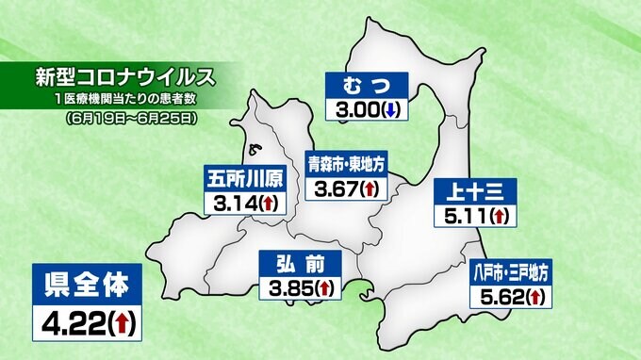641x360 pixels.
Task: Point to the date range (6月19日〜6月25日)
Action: click(x=132, y=120)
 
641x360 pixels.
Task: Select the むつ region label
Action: click(x=367, y=86)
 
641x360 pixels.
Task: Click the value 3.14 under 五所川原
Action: click(x=234, y=203)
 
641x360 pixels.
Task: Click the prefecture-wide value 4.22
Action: click(x=69, y=323)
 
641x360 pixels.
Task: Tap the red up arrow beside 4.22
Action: click(x=121, y=323)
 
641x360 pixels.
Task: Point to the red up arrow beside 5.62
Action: click(x=535, y=298)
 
